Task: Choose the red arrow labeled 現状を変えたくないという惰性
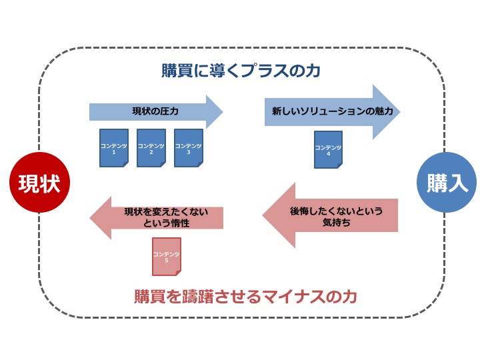157,217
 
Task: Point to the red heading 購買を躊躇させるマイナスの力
241,295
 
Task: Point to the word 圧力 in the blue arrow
169,111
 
